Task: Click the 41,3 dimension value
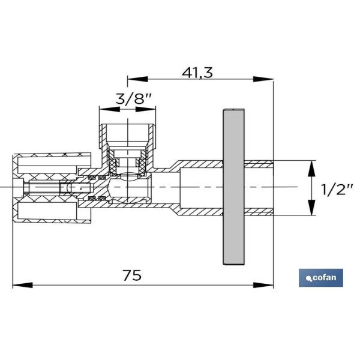[197, 73]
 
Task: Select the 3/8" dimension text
[134, 99]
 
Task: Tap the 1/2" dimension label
[337, 190]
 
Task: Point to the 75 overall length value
[132, 275]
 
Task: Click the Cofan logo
[321, 278]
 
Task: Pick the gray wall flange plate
[234, 187]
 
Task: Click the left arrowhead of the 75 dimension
[22, 286]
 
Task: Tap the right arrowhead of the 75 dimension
[263, 286]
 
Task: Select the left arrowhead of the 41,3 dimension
[137, 79]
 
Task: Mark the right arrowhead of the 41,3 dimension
[263, 79]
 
